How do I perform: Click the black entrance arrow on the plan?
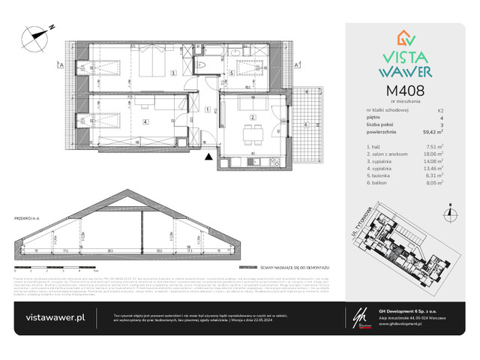coord(208,155)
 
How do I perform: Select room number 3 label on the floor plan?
coord(173,73)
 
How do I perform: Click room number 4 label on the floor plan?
coord(145,121)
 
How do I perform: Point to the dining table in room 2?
coord(254,135)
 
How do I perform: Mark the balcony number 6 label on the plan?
coord(305,124)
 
